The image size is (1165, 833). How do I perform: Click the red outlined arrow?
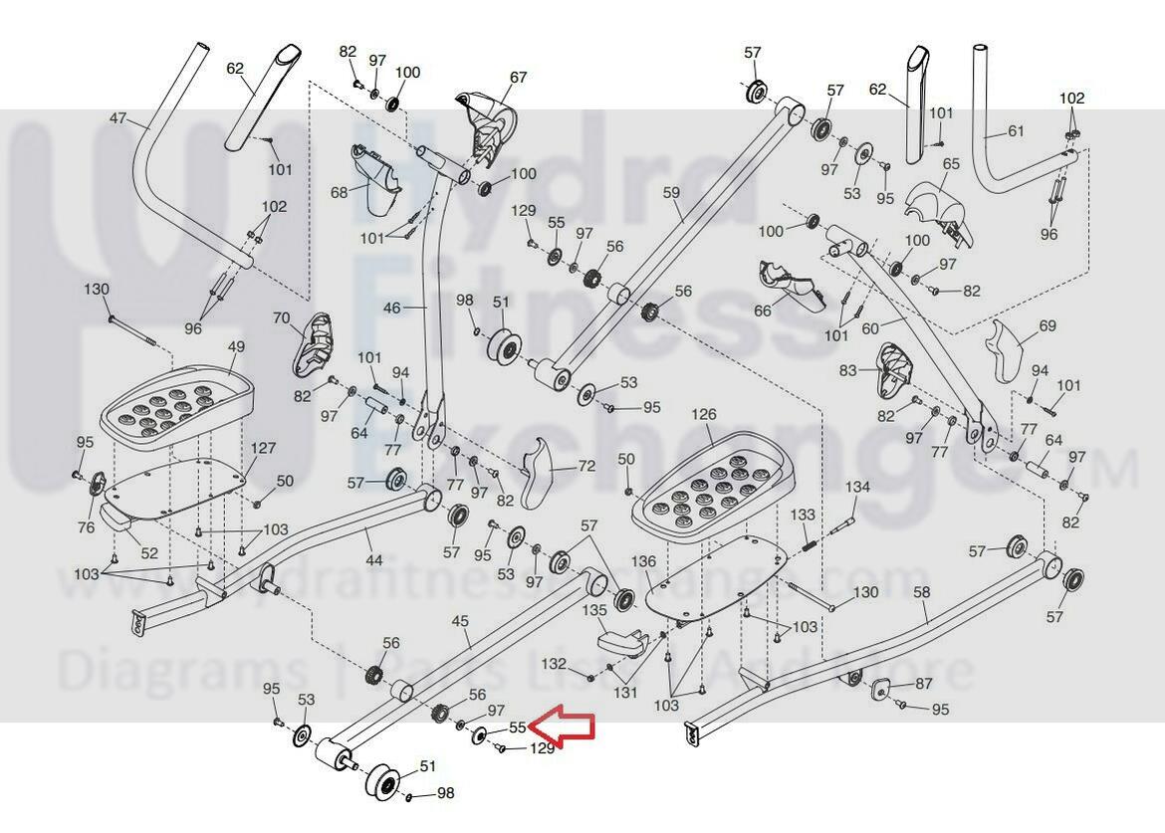(565, 727)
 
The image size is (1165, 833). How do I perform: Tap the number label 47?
(117, 119)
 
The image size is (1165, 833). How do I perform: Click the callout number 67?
(518, 78)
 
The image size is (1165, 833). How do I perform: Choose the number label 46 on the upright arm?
(391, 309)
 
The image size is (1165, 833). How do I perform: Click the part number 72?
(586, 466)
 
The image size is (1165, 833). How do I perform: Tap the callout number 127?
(263, 448)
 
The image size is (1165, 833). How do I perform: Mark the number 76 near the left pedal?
(86, 527)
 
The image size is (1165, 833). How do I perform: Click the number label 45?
(459, 621)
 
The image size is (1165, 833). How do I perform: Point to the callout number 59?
(670, 191)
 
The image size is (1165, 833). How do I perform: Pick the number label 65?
(950, 163)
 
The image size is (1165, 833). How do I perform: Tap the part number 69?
(1047, 325)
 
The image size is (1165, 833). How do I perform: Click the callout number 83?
(847, 371)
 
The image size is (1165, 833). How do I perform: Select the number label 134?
(857, 487)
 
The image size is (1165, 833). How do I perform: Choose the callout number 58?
(921, 592)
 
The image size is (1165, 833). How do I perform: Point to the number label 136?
(644, 561)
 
